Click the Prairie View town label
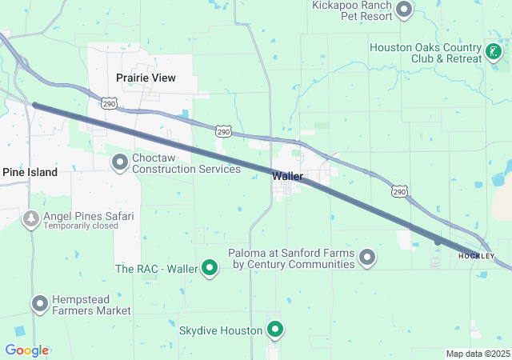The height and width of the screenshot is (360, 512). click(x=145, y=78)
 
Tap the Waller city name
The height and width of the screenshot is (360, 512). click(x=286, y=175)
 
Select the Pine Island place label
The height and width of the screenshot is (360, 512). click(x=30, y=172)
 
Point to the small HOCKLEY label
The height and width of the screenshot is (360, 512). click(x=477, y=255)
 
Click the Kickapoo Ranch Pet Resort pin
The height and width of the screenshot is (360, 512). click(x=404, y=10)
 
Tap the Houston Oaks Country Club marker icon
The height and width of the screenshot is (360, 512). click(x=494, y=53)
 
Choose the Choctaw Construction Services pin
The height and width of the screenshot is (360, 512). click(x=120, y=163)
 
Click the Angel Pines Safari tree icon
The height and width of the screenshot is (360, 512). click(x=31, y=218)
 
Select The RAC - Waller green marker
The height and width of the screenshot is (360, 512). click(x=210, y=269)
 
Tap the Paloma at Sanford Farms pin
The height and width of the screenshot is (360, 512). click(x=367, y=257)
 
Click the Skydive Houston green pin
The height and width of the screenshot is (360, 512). click(x=275, y=330)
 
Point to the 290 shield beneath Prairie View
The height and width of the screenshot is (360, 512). click(x=110, y=103)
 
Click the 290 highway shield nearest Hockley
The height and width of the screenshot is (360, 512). click(x=398, y=191)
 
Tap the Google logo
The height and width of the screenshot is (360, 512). click(x=26, y=350)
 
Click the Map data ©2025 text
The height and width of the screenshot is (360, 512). click(x=478, y=354)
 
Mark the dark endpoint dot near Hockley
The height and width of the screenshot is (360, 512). click(x=438, y=241)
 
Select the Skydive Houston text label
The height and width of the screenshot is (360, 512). click(x=221, y=330)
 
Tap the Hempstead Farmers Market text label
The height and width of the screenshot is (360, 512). click(x=91, y=304)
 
